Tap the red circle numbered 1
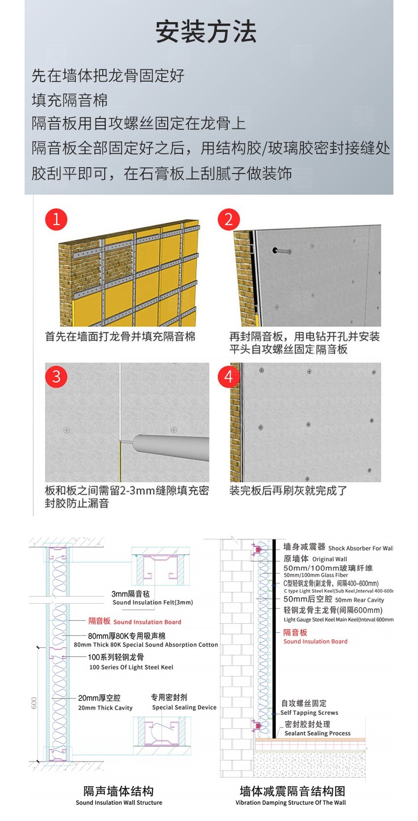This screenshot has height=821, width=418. click(56, 219)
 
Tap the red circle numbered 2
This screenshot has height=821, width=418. click(229, 219)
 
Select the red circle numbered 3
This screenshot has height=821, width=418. click(56, 377)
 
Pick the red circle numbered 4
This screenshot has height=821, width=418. click(229, 377)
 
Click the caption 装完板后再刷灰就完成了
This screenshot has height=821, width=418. click(288, 491)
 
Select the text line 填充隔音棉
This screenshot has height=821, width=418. click(69, 100)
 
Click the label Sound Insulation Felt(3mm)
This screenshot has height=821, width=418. click(152, 602)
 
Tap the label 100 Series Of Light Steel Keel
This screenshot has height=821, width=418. click(131, 667)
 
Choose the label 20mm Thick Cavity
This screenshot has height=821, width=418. click(105, 708)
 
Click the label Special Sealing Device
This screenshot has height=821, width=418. click(184, 707)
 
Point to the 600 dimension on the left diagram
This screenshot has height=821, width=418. click(34, 703)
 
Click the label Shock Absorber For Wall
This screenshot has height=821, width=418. click(360, 548)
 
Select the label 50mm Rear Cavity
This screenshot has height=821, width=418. click(359, 600)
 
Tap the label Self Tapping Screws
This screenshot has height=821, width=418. click(309, 713)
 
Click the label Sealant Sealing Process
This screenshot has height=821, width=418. click(317, 733)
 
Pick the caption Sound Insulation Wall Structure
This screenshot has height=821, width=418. click(119, 803)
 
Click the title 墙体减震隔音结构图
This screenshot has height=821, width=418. click(292, 791)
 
